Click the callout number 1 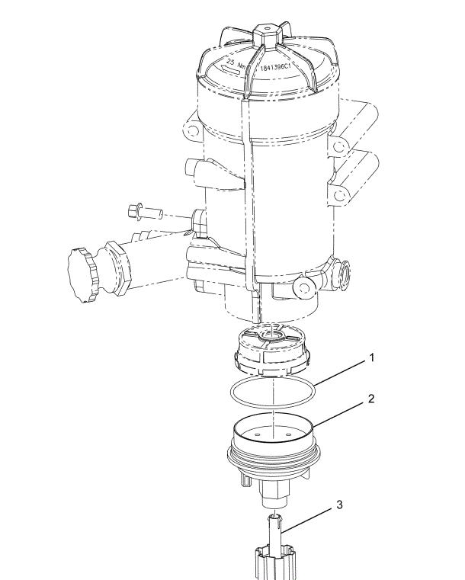tap(372, 357)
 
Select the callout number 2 tap(371, 399)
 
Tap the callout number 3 tap(339, 505)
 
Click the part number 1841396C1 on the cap tap(276, 68)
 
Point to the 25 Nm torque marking tap(236, 63)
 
